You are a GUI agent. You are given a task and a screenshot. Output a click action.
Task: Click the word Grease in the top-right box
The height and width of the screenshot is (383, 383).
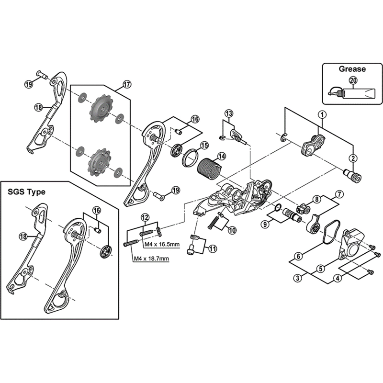point(352,69)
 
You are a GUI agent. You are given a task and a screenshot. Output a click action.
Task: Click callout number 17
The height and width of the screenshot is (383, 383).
point(126,85)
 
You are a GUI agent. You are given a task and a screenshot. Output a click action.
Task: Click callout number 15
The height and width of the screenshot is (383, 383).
point(204,146)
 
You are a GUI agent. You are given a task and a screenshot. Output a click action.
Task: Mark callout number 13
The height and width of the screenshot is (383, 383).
point(229,113)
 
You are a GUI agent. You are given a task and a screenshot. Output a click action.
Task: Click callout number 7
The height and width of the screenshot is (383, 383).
point(339,194)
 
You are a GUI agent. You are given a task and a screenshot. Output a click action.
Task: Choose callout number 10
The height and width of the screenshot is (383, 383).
point(232,230)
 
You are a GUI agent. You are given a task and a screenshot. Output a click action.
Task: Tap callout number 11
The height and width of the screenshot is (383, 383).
point(212,248)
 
